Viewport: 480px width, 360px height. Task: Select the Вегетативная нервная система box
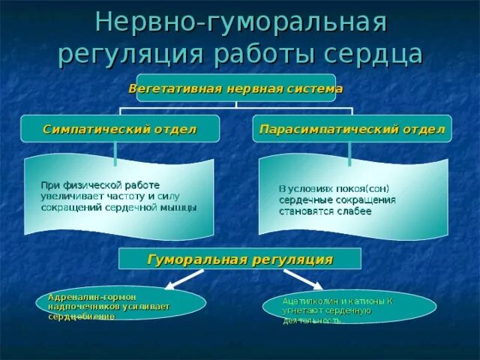coord(235,88)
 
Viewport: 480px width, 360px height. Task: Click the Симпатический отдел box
coord(120,129)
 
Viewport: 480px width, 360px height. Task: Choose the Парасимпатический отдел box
coord(352,129)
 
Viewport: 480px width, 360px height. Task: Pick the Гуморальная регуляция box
coord(240,259)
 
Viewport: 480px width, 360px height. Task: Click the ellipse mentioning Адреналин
coord(120,302)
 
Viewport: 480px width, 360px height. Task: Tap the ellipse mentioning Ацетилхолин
coord(349,307)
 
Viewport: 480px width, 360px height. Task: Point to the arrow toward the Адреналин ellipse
coord(182,277)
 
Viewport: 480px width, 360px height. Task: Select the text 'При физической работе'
coord(100,184)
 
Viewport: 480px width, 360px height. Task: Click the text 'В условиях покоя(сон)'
coord(334,188)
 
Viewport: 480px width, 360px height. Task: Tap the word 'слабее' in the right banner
coord(355,211)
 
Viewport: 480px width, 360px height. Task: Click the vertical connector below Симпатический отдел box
coord(115,153)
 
